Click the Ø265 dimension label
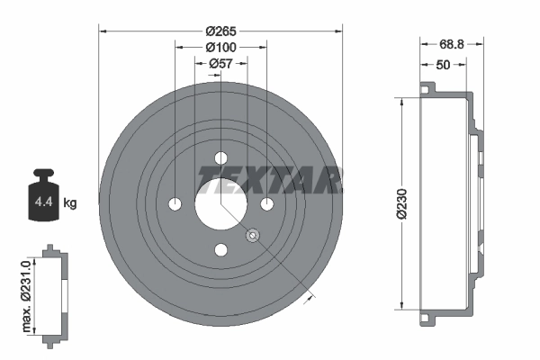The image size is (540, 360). coord(220,22)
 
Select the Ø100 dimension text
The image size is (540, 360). coord(220,47)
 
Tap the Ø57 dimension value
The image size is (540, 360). coord(220,64)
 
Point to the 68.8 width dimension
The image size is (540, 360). coord(452,43)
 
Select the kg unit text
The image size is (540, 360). coord(70,203)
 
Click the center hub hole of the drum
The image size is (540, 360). coord(220,203)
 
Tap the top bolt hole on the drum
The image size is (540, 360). coord(220,158)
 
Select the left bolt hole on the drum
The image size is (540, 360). coord(175,203)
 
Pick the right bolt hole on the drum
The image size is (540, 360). coord(266,203)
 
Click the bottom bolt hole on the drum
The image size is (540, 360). coord(220,249)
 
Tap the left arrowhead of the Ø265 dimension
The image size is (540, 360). coord(103,31)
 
